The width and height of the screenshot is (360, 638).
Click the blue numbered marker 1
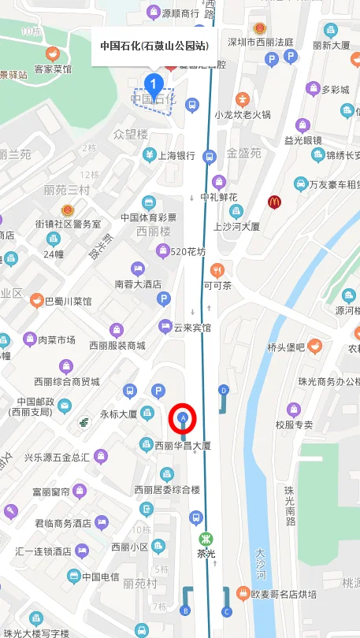[154, 82]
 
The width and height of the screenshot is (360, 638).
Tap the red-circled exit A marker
[184, 417]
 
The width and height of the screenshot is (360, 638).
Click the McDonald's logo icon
[274, 202]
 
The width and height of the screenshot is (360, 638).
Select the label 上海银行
[176, 156]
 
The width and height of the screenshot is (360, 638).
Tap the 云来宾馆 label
[192, 327]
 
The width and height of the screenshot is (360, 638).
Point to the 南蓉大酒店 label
[138, 284]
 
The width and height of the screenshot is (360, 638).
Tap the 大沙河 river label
[261, 567]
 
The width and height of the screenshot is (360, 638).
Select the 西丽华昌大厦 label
[183, 446]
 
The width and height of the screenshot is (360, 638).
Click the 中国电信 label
[101, 576]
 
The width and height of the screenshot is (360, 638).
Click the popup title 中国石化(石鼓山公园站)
[154, 46]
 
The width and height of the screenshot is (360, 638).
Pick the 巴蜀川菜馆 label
[68, 301]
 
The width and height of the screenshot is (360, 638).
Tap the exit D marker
[224, 390]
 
